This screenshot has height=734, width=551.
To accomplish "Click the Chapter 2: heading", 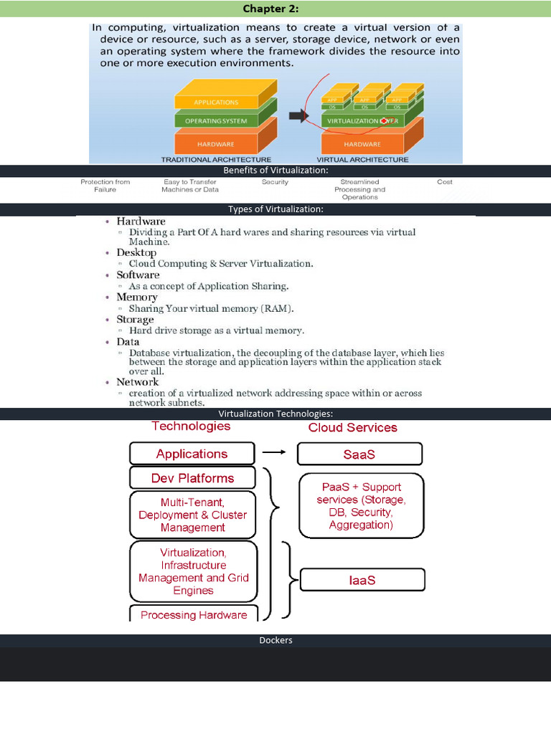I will click(x=275, y=9).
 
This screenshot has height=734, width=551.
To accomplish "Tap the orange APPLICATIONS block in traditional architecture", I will click(x=216, y=102).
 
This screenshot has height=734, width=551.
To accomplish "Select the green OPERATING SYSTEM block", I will click(x=216, y=120).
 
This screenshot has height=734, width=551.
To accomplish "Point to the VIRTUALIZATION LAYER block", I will click(x=362, y=121).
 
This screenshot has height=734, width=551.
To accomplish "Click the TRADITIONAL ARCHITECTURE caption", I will click(x=216, y=159).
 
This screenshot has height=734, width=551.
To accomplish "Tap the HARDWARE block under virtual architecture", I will click(x=362, y=143).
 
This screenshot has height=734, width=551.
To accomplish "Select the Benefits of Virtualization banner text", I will click(x=275, y=171).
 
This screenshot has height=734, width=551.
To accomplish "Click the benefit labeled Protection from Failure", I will click(x=105, y=186).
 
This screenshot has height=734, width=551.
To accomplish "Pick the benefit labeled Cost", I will click(x=445, y=182).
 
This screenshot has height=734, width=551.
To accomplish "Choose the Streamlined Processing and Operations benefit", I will click(x=360, y=189).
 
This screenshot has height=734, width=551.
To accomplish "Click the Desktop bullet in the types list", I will click(x=136, y=252).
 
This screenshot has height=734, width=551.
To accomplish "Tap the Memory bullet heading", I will click(x=137, y=297).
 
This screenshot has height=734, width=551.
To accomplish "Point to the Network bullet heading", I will click(x=138, y=382).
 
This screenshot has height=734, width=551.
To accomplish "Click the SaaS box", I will click(x=359, y=454).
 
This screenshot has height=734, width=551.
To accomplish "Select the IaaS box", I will click(x=362, y=580).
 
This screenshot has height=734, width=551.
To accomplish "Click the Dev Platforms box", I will click(x=192, y=478).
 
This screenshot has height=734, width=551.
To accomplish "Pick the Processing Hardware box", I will click(x=193, y=614).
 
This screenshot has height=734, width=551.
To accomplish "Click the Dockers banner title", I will click(x=275, y=640).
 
